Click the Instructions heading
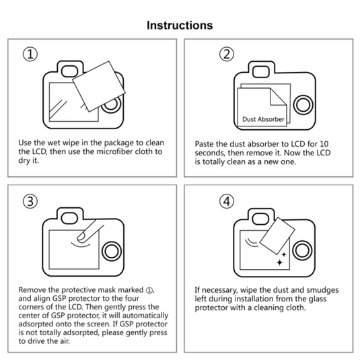pyautogui.click(x=180, y=25)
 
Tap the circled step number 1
pyautogui.click(x=30, y=55)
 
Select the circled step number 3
pyautogui.click(x=30, y=201)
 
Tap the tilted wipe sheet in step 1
pyautogui.click(x=94, y=85)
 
